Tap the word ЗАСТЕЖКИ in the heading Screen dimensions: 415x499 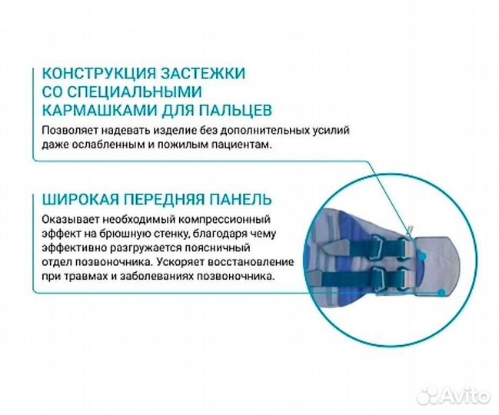[x=207, y=75]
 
